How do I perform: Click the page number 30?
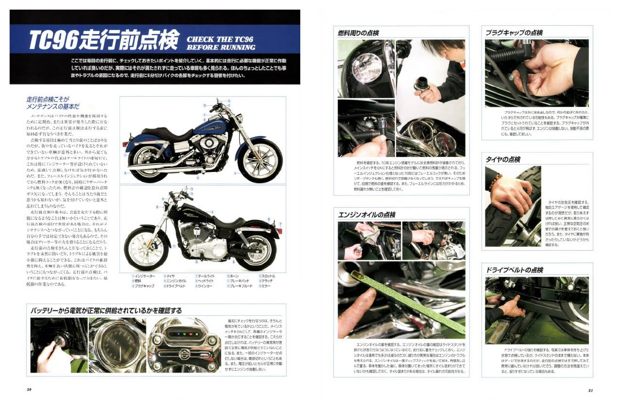point(29,389)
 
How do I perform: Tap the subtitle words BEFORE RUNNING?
point(221,48)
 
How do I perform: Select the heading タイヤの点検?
point(503,160)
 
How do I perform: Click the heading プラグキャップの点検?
point(514,33)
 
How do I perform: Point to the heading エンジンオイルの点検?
point(366,215)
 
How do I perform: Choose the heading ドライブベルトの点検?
point(515,270)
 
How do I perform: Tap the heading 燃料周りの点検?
point(358,33)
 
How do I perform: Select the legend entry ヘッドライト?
point(207,281)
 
